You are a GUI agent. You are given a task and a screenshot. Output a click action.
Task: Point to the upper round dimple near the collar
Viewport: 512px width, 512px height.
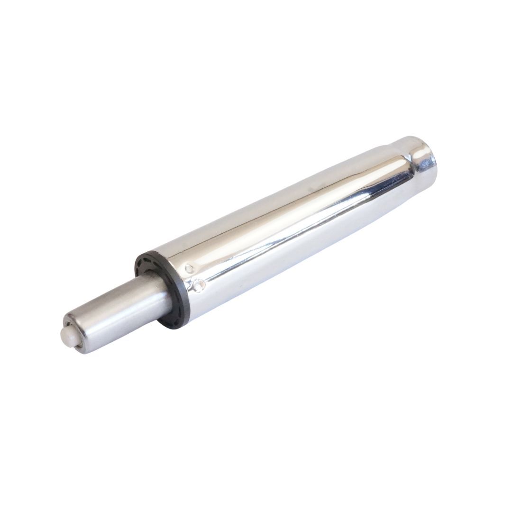(190, 269)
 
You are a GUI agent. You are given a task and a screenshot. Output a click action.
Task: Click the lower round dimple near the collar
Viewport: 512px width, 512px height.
(199, 285)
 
